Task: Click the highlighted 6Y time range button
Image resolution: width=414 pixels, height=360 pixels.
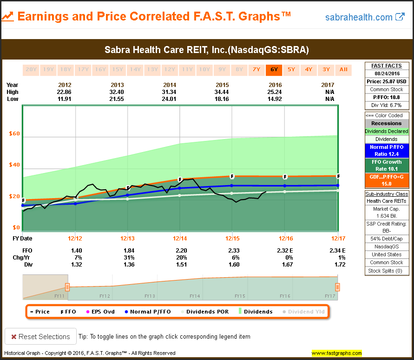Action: point(273,70)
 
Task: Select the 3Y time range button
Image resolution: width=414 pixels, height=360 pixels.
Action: point(326,70)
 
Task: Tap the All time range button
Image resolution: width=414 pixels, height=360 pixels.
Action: point(343,70)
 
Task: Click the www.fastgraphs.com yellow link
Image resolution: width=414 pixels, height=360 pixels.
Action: point(337,353)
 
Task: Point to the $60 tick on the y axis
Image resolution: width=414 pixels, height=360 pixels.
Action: point(14,134)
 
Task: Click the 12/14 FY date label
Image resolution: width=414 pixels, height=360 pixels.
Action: point(180,239)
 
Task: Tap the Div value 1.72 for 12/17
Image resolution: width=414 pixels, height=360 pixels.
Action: point(340,265)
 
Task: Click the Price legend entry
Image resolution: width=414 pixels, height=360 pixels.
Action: point(39,312)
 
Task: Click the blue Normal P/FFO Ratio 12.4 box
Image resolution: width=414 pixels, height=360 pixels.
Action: point(386,150)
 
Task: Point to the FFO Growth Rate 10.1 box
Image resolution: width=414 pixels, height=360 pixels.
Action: point(386,166)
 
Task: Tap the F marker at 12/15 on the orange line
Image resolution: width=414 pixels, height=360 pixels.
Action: point(232,177)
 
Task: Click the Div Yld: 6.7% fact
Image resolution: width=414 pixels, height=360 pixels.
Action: point(386,105)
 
